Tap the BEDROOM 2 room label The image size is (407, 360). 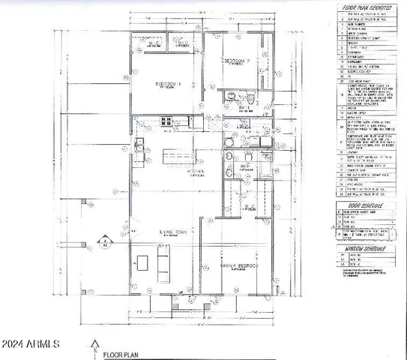pos(238,59)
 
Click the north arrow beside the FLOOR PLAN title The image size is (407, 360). pos(94,346)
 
